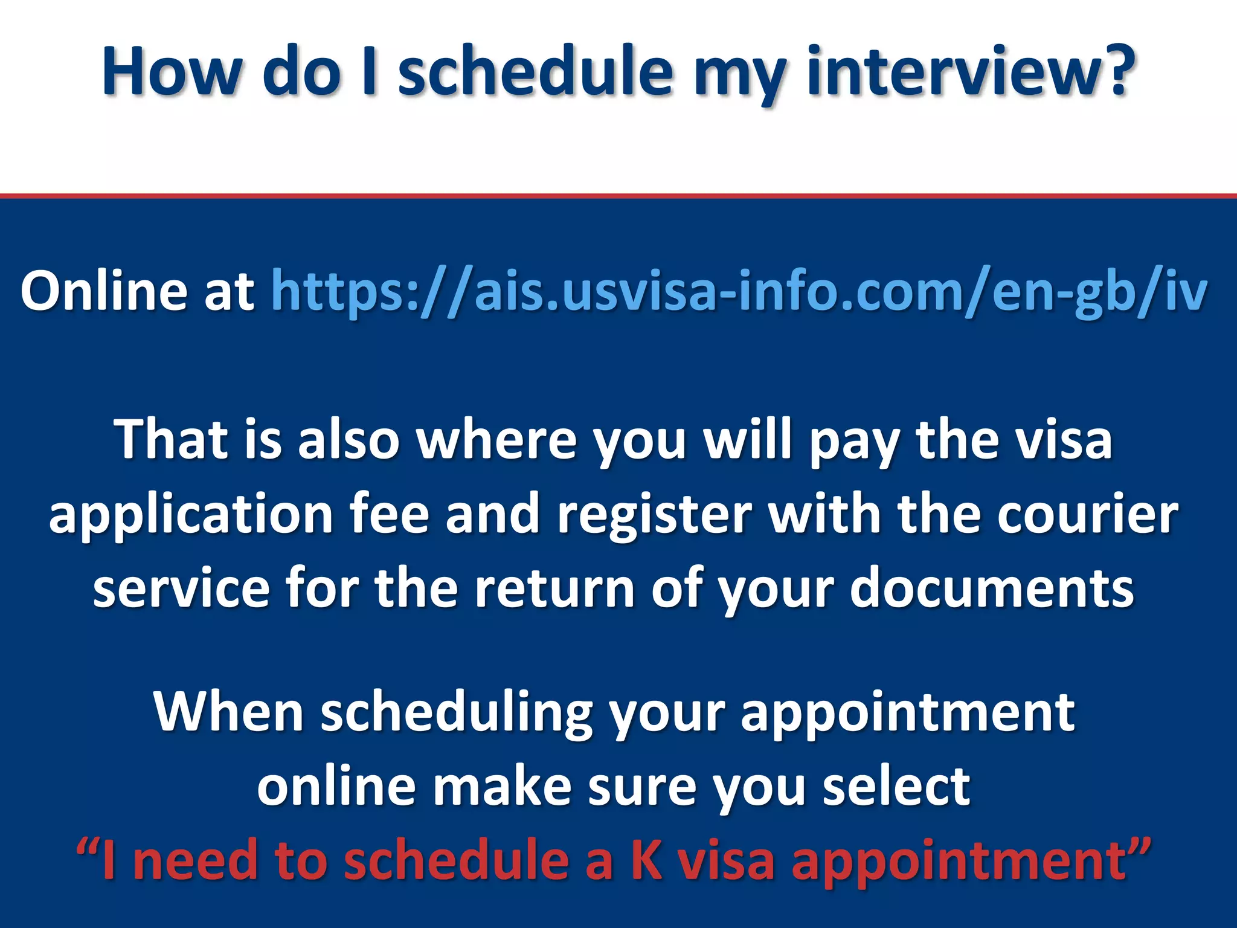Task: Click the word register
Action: click(x=655, y=515)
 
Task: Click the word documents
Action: click(x=992, y=588)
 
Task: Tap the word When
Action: click(x=228, y=712)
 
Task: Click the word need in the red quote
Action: click(x=197, y=860)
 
